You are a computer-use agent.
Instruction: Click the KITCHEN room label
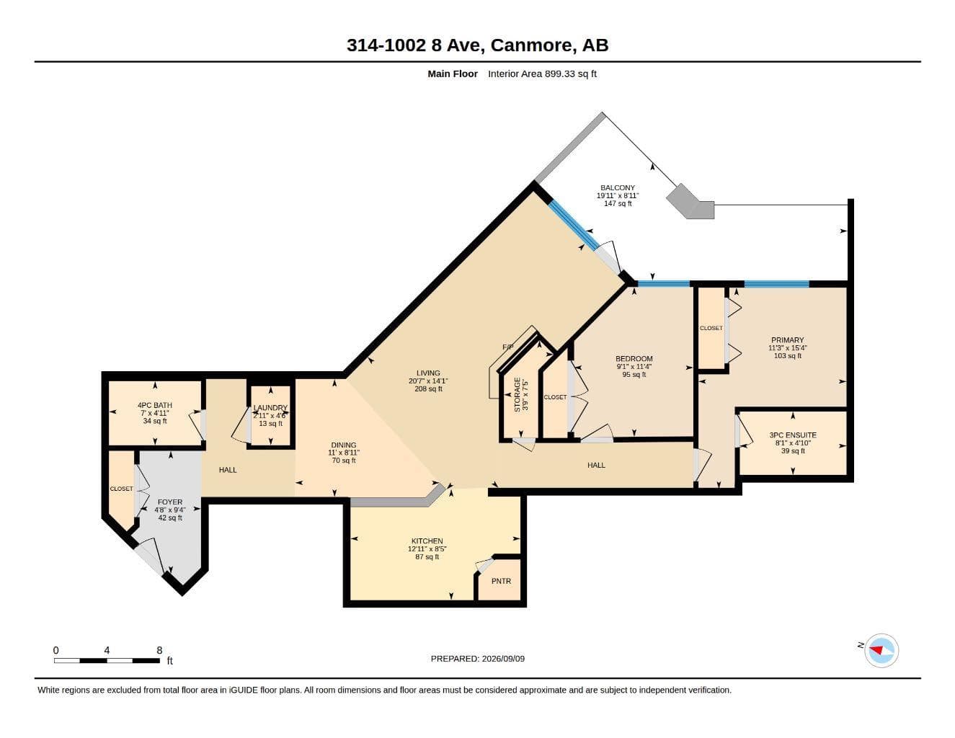[x=427, y=541]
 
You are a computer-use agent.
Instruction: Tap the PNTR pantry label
[x=501, y=581]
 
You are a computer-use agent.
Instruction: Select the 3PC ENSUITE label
[x=793, y=435]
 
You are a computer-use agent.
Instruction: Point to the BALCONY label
[x=618, y=187]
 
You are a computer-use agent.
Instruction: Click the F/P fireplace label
[x=508, y=347]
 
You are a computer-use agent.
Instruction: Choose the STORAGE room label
[x=518, y=394]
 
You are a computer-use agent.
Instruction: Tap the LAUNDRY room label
[x=270, y=408]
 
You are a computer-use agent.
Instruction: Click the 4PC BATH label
[x=155, y=405]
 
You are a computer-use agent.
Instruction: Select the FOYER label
[x=170, y=502]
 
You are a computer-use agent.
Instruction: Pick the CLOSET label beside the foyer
[x=121, y=489]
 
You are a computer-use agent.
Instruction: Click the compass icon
[x=881, y=651]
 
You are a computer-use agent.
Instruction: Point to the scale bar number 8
[x=159, y=650]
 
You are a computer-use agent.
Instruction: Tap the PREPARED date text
[x=477, y=659]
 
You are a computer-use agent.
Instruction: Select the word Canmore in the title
[x=533, y=45]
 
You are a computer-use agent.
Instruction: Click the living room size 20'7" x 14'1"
[x=428, y=381]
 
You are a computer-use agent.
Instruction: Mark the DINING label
[x=344, y=445]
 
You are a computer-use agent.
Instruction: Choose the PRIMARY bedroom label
[x=788, y=340]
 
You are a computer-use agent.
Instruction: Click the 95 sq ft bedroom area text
[x=634, y=374]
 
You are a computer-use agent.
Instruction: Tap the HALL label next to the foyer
[x=228, y=470]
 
